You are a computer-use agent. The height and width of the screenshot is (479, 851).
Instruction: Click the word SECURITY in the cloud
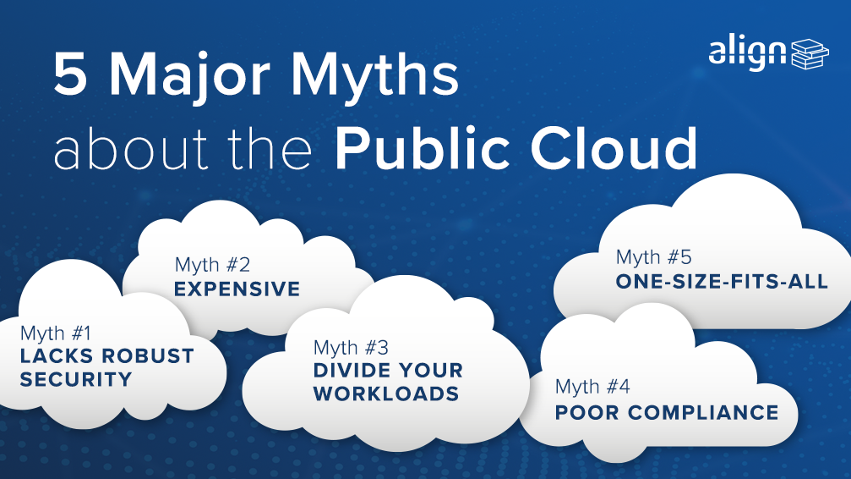[76, 379]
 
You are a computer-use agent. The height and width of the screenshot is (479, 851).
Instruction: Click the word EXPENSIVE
[237, 289]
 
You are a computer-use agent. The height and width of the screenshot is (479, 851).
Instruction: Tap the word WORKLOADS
[386, 394]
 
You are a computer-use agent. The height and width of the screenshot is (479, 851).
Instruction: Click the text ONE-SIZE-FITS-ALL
[722, 282]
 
